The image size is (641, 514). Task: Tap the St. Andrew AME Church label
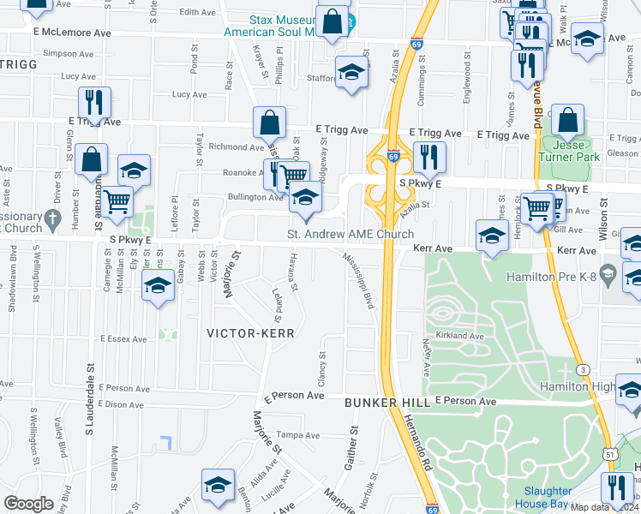tap(350, 235)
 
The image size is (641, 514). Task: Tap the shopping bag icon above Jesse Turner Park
tap(567, 122)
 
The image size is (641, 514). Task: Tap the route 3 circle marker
tap(583, 368)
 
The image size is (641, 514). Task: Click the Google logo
tap(28, 504)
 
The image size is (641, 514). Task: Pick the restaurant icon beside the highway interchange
tap(428, 157)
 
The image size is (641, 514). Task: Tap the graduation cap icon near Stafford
tap(351, 74)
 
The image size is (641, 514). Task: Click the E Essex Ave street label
tap(124, 339)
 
